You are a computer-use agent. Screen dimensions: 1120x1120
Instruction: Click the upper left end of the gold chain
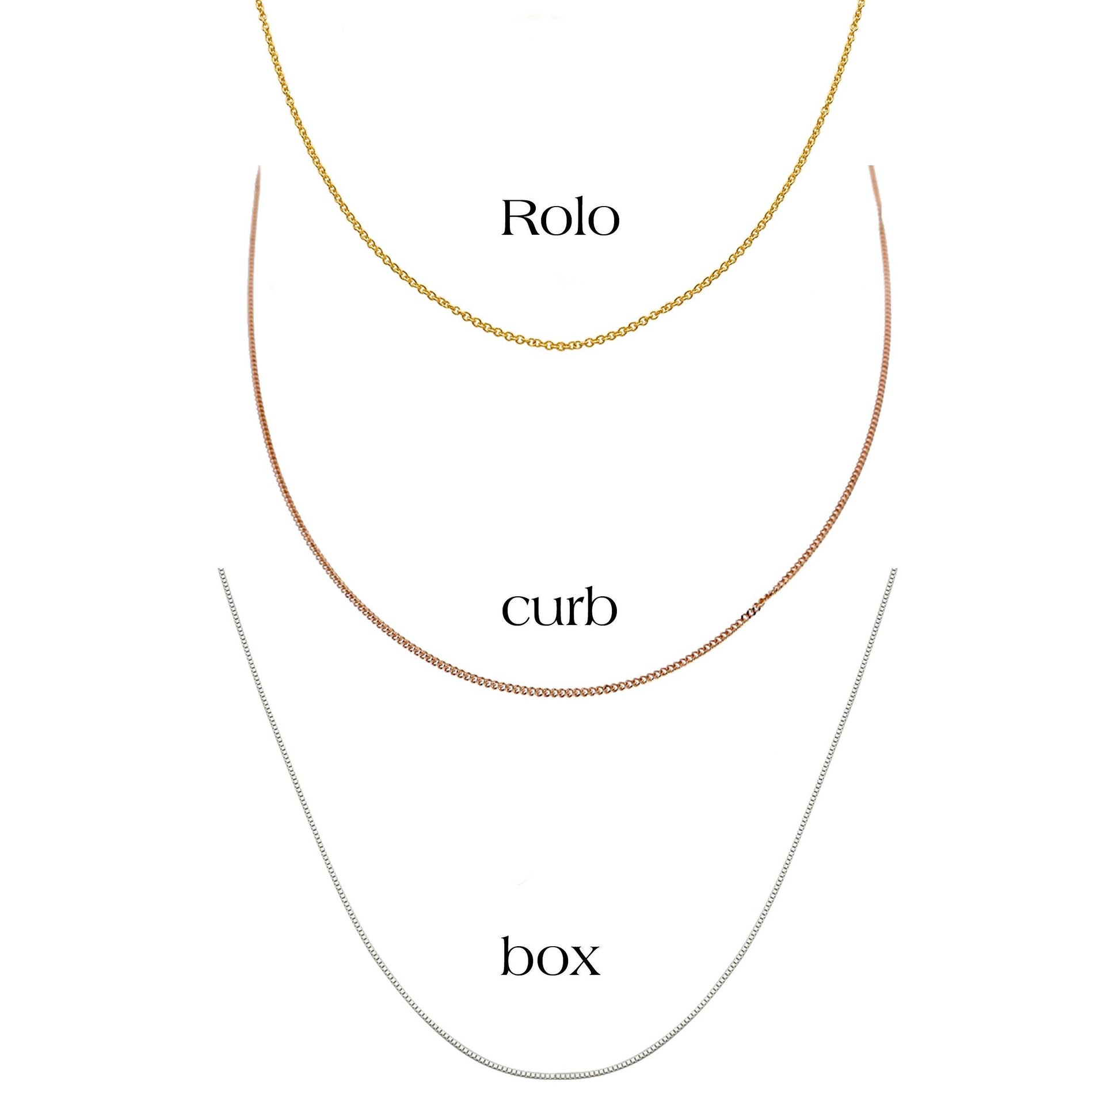click(256, 2)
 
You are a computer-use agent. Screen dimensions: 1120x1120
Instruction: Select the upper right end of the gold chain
click(863, 2)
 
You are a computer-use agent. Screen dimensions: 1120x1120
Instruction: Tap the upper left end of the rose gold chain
click(258, 167)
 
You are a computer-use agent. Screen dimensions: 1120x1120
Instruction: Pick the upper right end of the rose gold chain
click(870, 167)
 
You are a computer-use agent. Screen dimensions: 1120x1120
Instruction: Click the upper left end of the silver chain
click(220, 570)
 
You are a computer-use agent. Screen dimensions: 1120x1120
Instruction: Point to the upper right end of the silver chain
click(895, 570)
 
